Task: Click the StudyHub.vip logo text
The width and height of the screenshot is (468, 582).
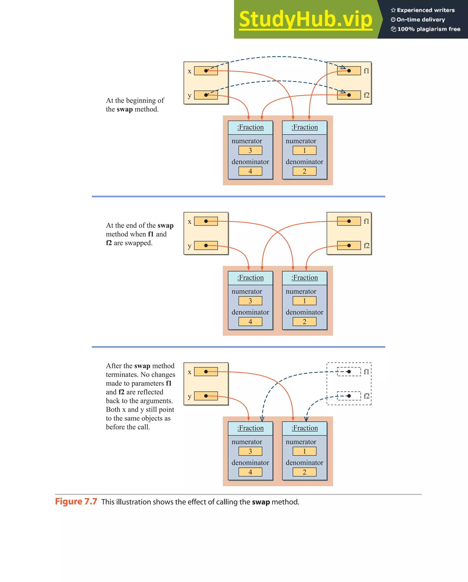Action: tap(306, 19)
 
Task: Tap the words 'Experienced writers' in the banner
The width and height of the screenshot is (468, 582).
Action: tap(426, 10)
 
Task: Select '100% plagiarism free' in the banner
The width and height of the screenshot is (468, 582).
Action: tap(429, 29)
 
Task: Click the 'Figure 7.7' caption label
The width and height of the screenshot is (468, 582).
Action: tap(76, 502)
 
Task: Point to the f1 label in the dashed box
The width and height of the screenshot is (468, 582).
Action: tap(366, 372)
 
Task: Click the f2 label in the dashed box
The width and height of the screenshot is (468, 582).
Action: tap(366, 396)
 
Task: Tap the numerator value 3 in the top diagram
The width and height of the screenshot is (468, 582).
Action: tap(250, 150)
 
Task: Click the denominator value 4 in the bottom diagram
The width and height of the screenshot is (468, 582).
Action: tap(250, 472)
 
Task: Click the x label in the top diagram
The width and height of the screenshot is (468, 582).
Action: tap(190, 71)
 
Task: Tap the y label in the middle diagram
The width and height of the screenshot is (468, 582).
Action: tap(190, 246)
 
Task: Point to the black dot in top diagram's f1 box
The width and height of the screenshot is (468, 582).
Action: tap(349, 71)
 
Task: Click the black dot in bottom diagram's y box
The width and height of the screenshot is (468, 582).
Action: tap(206, 396)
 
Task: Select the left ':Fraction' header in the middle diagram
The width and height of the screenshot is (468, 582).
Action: tap(250, 277)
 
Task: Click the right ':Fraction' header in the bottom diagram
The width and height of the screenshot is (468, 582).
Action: tap(305, 428)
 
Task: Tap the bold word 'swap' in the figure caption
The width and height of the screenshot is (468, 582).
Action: tap(261, 502)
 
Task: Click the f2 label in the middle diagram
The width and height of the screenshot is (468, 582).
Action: tap(366, 246)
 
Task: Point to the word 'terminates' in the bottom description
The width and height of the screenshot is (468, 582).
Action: tap(122, 375)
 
